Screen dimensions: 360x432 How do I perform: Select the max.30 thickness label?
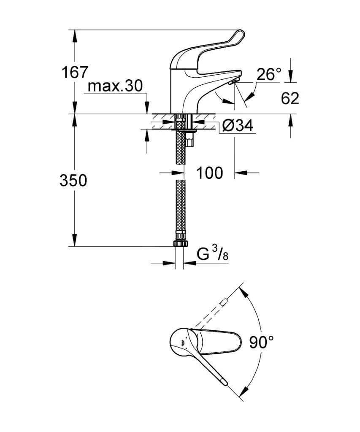pos(115,86)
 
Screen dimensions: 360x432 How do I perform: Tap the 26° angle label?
pos(269,74)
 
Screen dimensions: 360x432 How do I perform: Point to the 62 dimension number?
pos(290,98)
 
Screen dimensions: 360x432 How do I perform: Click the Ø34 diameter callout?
pos(237,126)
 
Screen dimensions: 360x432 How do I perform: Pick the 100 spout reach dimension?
pos(209,173)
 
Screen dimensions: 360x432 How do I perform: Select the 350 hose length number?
pos(73,181)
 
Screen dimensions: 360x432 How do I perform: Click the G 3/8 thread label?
pos(213,254)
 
